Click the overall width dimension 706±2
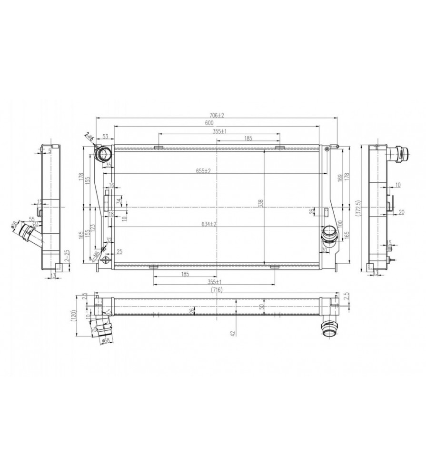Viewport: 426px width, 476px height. pyautogui.click(x=217, y=115)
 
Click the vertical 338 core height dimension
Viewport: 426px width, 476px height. pyautogui.click(x=260, y=203)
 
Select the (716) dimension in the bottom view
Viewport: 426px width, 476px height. pyautogui.click(x=217, y=289)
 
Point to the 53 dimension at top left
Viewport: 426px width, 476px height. pyautogui.click(x=105, y=137)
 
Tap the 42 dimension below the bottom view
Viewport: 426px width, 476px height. pyautogui.click(x=233, y=334)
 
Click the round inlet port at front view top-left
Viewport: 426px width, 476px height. pyautogui.click(x=103, y=154)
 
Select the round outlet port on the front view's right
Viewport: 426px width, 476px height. pyautogui.click(x=328, y=233)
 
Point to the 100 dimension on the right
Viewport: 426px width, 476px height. pyautogui.click(x=340, y=223)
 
